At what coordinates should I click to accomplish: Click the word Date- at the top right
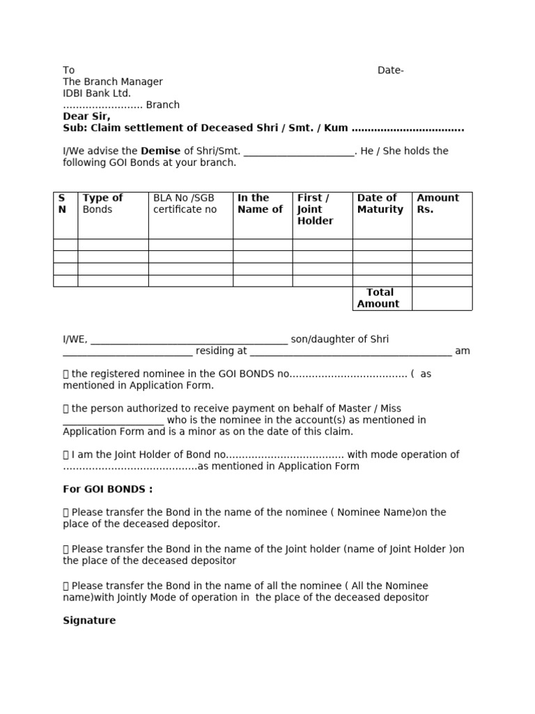pos(390,70)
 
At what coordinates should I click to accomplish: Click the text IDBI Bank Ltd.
pos(97,93)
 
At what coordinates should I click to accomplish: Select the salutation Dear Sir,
pos(86,116)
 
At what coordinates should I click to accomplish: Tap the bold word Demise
pos(161,151)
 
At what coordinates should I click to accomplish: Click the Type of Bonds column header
pos(102,204)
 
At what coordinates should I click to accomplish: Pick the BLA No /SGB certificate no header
pos(185,204)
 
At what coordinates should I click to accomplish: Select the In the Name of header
pos(260,204)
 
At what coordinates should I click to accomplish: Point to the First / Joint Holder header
pos(315,209)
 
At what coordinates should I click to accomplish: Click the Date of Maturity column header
pos(380,204)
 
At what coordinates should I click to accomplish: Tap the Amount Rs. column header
pos(437,204)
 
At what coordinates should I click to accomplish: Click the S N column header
pos(62,204)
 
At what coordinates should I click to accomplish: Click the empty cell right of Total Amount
pos(442,298)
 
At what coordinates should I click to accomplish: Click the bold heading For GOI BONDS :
pos(107,489)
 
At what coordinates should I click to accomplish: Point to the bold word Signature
pos(89,621)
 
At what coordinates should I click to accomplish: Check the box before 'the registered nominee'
pos(66,374)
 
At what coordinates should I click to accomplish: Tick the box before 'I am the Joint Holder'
pos(66,455)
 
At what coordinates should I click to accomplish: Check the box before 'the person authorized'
pos(66,409)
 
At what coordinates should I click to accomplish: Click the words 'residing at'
pos(222,351)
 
